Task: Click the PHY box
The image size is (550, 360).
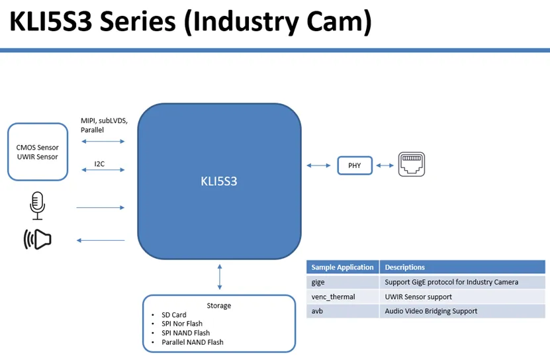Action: [355, 165]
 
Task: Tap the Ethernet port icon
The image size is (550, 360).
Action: [411, 165]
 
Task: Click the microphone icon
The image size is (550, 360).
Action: [38, 206]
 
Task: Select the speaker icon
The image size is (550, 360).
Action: [38, 239]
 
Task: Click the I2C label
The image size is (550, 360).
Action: [99, 163]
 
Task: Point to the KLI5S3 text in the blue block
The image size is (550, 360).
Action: [218, 181]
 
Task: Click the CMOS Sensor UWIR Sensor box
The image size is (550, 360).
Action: [38, 152]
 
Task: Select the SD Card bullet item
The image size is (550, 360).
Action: [174, 315]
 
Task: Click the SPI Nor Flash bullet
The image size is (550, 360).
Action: [182, 324]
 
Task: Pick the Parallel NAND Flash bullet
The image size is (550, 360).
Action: [193, 342]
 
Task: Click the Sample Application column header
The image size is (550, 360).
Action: [342, 267]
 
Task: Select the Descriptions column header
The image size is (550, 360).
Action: [404, 267]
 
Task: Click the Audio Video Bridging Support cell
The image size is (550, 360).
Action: [431, 311]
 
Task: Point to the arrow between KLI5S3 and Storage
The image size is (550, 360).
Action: [219, 277]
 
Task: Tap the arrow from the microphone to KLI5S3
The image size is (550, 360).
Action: [101, 208]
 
